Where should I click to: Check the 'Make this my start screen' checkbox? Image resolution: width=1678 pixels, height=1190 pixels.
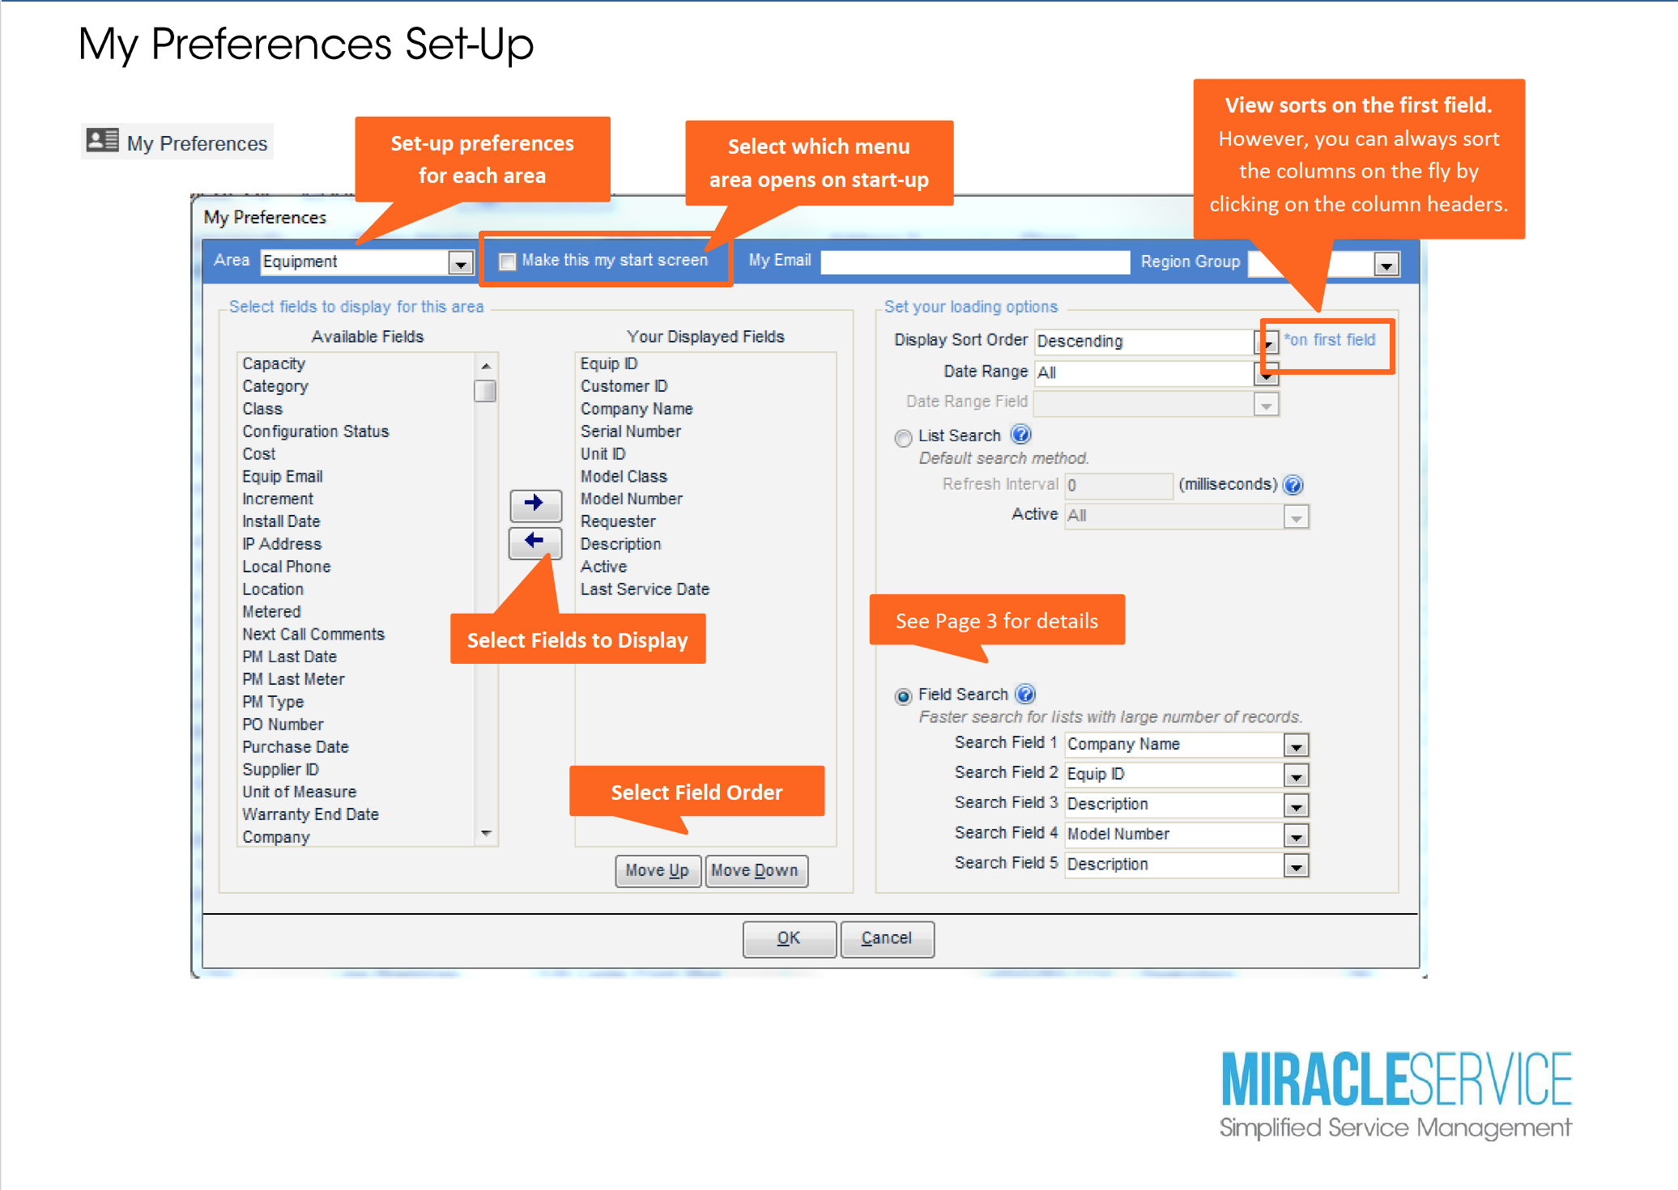pyautogui.click(x=508, y=261)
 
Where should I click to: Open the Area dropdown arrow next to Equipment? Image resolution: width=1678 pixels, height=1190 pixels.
pyautogui.click(x=461, y=263)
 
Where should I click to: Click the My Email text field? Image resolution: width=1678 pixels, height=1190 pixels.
pyautogui.click(x=975, y=261)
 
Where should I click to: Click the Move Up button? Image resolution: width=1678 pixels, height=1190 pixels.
pyautogui.click(x=658, y=871)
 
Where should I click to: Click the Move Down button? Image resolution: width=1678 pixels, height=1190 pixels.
pyautogui.click(x=756, y=871)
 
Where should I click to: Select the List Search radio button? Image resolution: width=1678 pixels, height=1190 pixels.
pyautogui.click(x=903, y=437)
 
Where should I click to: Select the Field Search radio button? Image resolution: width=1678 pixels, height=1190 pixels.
pyautogui.click(x=903, y=696)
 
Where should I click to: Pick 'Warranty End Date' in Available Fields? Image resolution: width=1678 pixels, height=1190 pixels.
pyautogui.click(x=310, y=814)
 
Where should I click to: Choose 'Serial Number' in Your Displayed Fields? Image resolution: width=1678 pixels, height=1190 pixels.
pyautogui.click(x=630, y=431)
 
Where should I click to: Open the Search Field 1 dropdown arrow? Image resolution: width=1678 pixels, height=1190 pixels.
pyautogui.click(x=1297, y=746)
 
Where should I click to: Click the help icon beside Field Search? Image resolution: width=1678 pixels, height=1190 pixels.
pyautogui.click(x=1025, y=694)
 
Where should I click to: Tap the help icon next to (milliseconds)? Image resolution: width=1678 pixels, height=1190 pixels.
pyautogui.click(x=1293, y=484)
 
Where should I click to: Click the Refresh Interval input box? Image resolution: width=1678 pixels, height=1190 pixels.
pyautogui.click(x=1118, y=485)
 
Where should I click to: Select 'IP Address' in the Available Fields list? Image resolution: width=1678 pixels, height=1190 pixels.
pyautogui.click(x=282, y=544)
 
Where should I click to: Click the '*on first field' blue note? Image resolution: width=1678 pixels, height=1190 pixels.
pyautogui.click(x=1330, y=340)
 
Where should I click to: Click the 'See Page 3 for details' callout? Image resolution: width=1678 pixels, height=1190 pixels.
pyautogui.click(x=997, y=620)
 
